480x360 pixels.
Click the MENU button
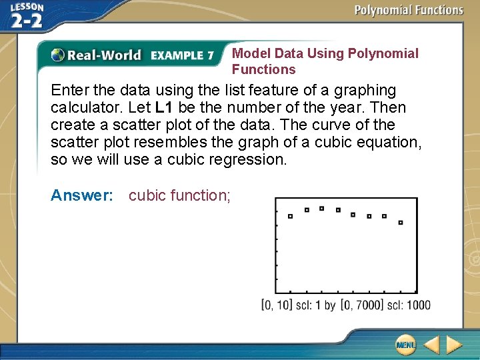[405, 345]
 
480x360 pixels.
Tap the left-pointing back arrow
[431, 345]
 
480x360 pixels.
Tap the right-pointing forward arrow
[455, 345]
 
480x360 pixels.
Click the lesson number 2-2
[27, 21]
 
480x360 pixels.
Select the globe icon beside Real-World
[58, 55]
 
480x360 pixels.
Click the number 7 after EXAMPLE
[210, 55]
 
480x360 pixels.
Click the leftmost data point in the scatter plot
[290, 216]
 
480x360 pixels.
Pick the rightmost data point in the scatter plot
[400, 223]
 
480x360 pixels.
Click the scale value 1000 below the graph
[416, 305]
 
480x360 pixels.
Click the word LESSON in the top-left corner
[27, 7]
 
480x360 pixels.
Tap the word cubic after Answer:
[147, 195]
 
